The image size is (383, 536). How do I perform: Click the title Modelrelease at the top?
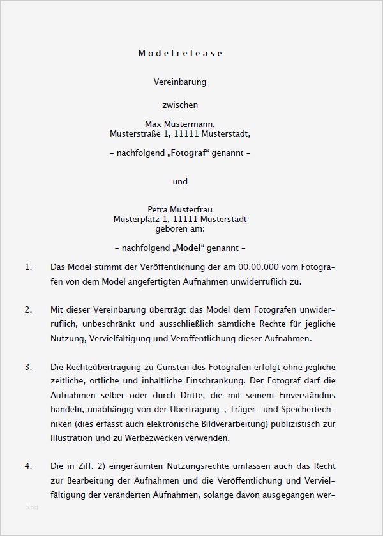[180, 54]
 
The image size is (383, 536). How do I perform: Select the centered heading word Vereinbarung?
[180, 82]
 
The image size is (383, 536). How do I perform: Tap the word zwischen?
[180, 105]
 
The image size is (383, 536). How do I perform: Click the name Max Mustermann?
[180, 124]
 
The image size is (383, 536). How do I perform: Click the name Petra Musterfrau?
[180, 209]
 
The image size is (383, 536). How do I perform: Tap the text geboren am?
[180, 228]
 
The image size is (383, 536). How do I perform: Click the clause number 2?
[28, 310]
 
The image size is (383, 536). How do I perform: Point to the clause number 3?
[28, 367]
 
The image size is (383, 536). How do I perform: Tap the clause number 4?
[28, 466]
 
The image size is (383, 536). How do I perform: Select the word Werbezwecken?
[154, 438]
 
